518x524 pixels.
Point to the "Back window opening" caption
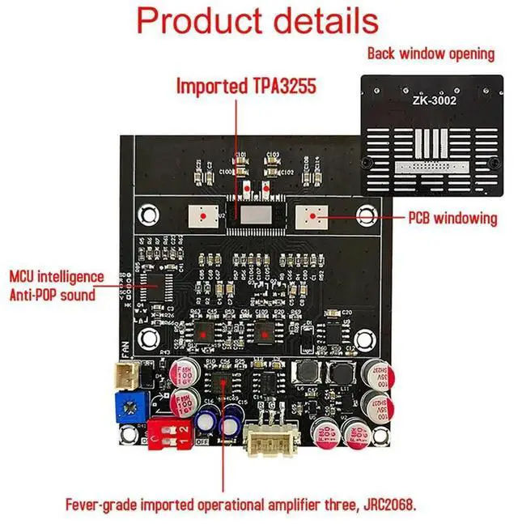(x=431, y=54)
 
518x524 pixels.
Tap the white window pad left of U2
(x=200, y=216)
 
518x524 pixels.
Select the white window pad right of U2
(x=311, y=216)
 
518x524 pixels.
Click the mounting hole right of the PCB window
(x=367, y=216)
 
